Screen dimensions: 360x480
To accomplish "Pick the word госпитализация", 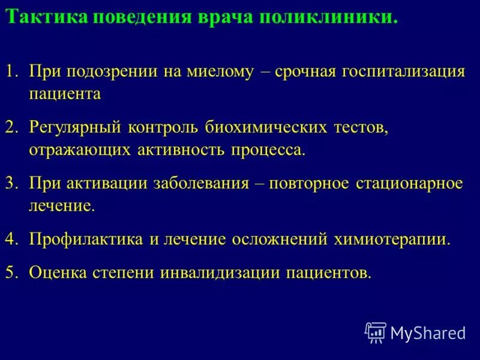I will (x=404, y=71).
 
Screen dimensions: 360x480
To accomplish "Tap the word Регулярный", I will (x=76, y=127).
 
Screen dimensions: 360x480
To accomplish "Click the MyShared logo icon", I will (x=376, y=332).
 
